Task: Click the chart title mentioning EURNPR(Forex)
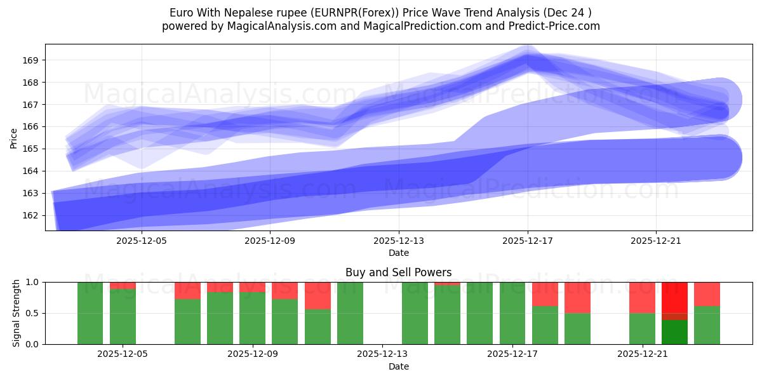pyautogui.click(x=380, y=13)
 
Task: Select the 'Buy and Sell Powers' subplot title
pyautogui.click(x=398, y=272)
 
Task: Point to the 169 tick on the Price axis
pyautogui.click(x=30, y=60)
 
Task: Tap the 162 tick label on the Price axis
pyautogui.click(x=30, y=215)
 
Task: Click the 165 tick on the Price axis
pyautogui.click(x=30, y=149)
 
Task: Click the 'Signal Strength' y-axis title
pyautogui.click(x=17, y=312)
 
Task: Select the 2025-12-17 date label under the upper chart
pyautogui.click(x=527, y=241)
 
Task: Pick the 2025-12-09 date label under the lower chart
pyautogui.click(x=253, y=354)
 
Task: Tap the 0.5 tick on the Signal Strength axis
pyautogui.click(x=32, y=313)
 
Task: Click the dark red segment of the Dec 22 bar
pyautogui.click(x=674, y=316)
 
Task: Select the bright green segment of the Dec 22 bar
pyautogui.click(x=674, y=332)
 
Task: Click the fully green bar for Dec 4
pyautogui.click(x=90, y=313)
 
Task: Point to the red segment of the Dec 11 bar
pyautogui.click(x=317, y=295)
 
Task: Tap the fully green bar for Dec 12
pyautogui.click(x=350, y=313)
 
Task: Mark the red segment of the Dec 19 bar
pyautogui.click(x=577, y=297)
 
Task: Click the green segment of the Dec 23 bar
pyautogui.click(x=707, y=325)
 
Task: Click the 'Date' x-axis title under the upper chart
pyautogui.click(x=398, y=253)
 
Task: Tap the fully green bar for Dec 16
pyautogui.click(x=479, y=313)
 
